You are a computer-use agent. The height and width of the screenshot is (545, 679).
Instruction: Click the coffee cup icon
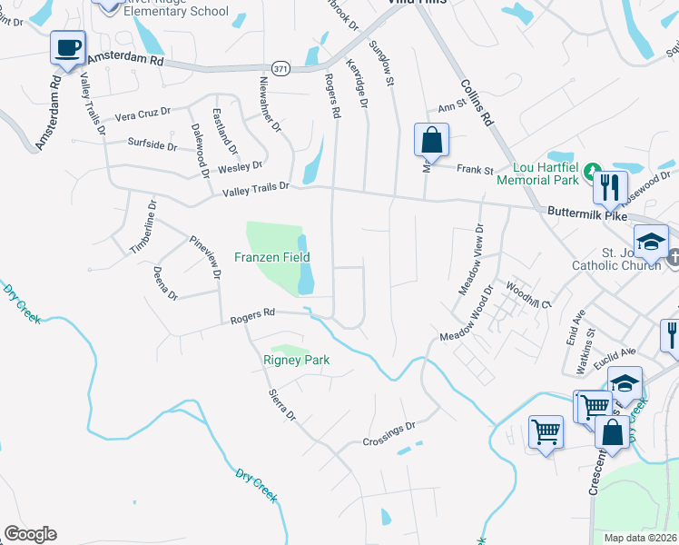66,47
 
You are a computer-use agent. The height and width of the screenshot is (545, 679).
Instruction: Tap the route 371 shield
280,68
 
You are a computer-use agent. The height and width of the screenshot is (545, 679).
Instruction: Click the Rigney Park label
296,360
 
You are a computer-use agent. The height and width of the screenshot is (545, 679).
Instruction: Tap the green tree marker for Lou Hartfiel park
591,170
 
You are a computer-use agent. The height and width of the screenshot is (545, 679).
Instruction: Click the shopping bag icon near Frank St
431,142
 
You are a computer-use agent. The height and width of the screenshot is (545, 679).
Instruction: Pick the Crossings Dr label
388,434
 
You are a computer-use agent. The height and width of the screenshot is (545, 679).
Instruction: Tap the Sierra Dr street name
282,405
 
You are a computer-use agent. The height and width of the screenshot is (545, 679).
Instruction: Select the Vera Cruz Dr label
143,113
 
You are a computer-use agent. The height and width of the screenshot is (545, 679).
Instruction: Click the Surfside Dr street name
153,144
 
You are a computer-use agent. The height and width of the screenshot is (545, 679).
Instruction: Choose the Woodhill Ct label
529,296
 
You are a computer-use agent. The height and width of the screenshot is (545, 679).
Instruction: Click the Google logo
30,533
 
